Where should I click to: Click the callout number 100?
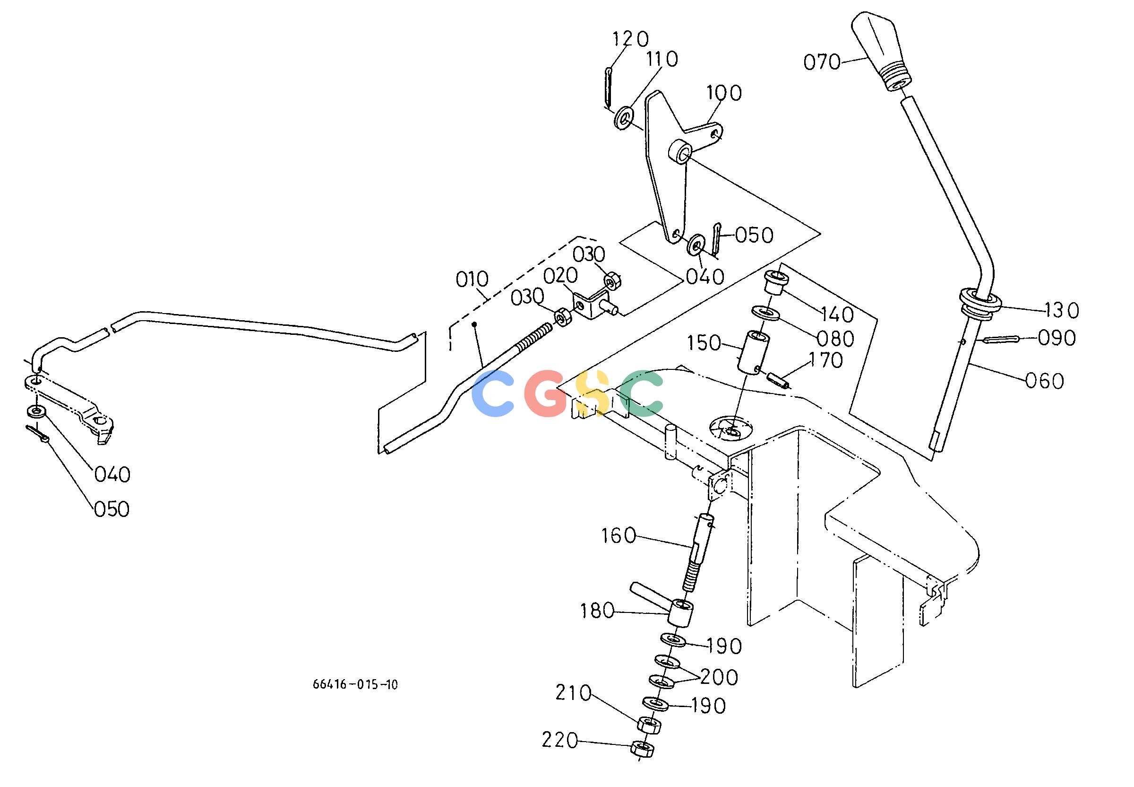[x=724, y=93]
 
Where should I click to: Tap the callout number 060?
[x=1044, y=381]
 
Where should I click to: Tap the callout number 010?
[x=472, y=280]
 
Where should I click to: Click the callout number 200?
[x=719, y=678]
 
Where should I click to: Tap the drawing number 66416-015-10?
[x=355, y=684]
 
